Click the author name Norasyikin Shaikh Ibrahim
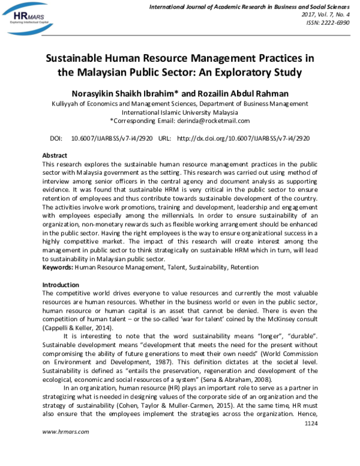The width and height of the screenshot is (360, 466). pyautogui.click(x=124, y=94)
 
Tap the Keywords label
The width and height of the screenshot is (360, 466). pyautogui.click(x=58, y=267)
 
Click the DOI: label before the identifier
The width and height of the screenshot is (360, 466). pyautogui.click(x=56, y=138)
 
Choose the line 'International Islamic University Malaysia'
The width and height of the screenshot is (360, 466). pyautogui.click(x=180, y=112)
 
